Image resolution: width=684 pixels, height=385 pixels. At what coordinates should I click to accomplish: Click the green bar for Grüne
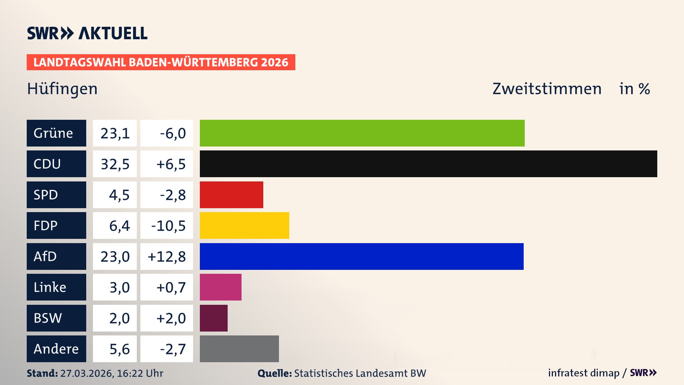pyautogui.click(x=362, y=133)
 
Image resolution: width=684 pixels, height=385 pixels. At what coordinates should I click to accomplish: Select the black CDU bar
pyautogui.click(x=428, y=164)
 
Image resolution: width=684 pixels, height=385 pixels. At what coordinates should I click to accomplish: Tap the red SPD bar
pyautogui.click(x=231, y=195)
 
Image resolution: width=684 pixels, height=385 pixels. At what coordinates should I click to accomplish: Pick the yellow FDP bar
pyautogui.click(x=244, y=225)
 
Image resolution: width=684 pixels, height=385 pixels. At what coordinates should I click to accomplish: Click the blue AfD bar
pyautogui.click(x=362, y=256)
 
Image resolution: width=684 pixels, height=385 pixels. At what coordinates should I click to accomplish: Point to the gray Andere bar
pyautogui.click(x=239, y=349)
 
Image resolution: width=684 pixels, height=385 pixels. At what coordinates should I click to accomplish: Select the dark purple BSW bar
pyautogui.click(x=213, y=318)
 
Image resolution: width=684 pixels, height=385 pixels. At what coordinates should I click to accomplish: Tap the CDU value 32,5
pyautogui.click(x=115, y=164)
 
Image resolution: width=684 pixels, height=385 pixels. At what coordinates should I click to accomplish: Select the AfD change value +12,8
pyautogui.click(x=167, y=257)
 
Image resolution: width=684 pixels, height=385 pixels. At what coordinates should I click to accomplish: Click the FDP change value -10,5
pyautogui.click(x=168, y=226)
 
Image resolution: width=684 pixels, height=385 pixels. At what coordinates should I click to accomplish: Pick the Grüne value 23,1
pyautogui.click(x=115, y=133)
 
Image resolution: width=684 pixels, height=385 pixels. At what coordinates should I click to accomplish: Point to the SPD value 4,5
pyautogui.click(x=119, y=195)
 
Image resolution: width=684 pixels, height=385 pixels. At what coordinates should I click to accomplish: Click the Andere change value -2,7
pyautogui.click(x=173, y=349)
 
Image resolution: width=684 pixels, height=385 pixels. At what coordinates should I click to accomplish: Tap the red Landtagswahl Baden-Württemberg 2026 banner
pyautogui.click(x=161, y=62)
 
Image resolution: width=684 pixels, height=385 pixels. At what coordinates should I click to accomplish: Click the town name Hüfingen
pyautogui.click(x=62, y=89)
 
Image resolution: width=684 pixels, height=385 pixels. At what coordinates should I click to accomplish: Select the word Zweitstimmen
pyautogui.click(x=547, y=89)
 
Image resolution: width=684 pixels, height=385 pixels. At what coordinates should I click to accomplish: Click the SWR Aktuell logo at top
pyautogui.click(x=87, y=33)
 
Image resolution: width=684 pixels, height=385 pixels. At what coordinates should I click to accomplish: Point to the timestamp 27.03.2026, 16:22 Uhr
pyautogui.click(x=112, y=373)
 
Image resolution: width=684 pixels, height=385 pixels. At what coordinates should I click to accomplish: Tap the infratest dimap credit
pyautogui.click(x=584, y=373)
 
